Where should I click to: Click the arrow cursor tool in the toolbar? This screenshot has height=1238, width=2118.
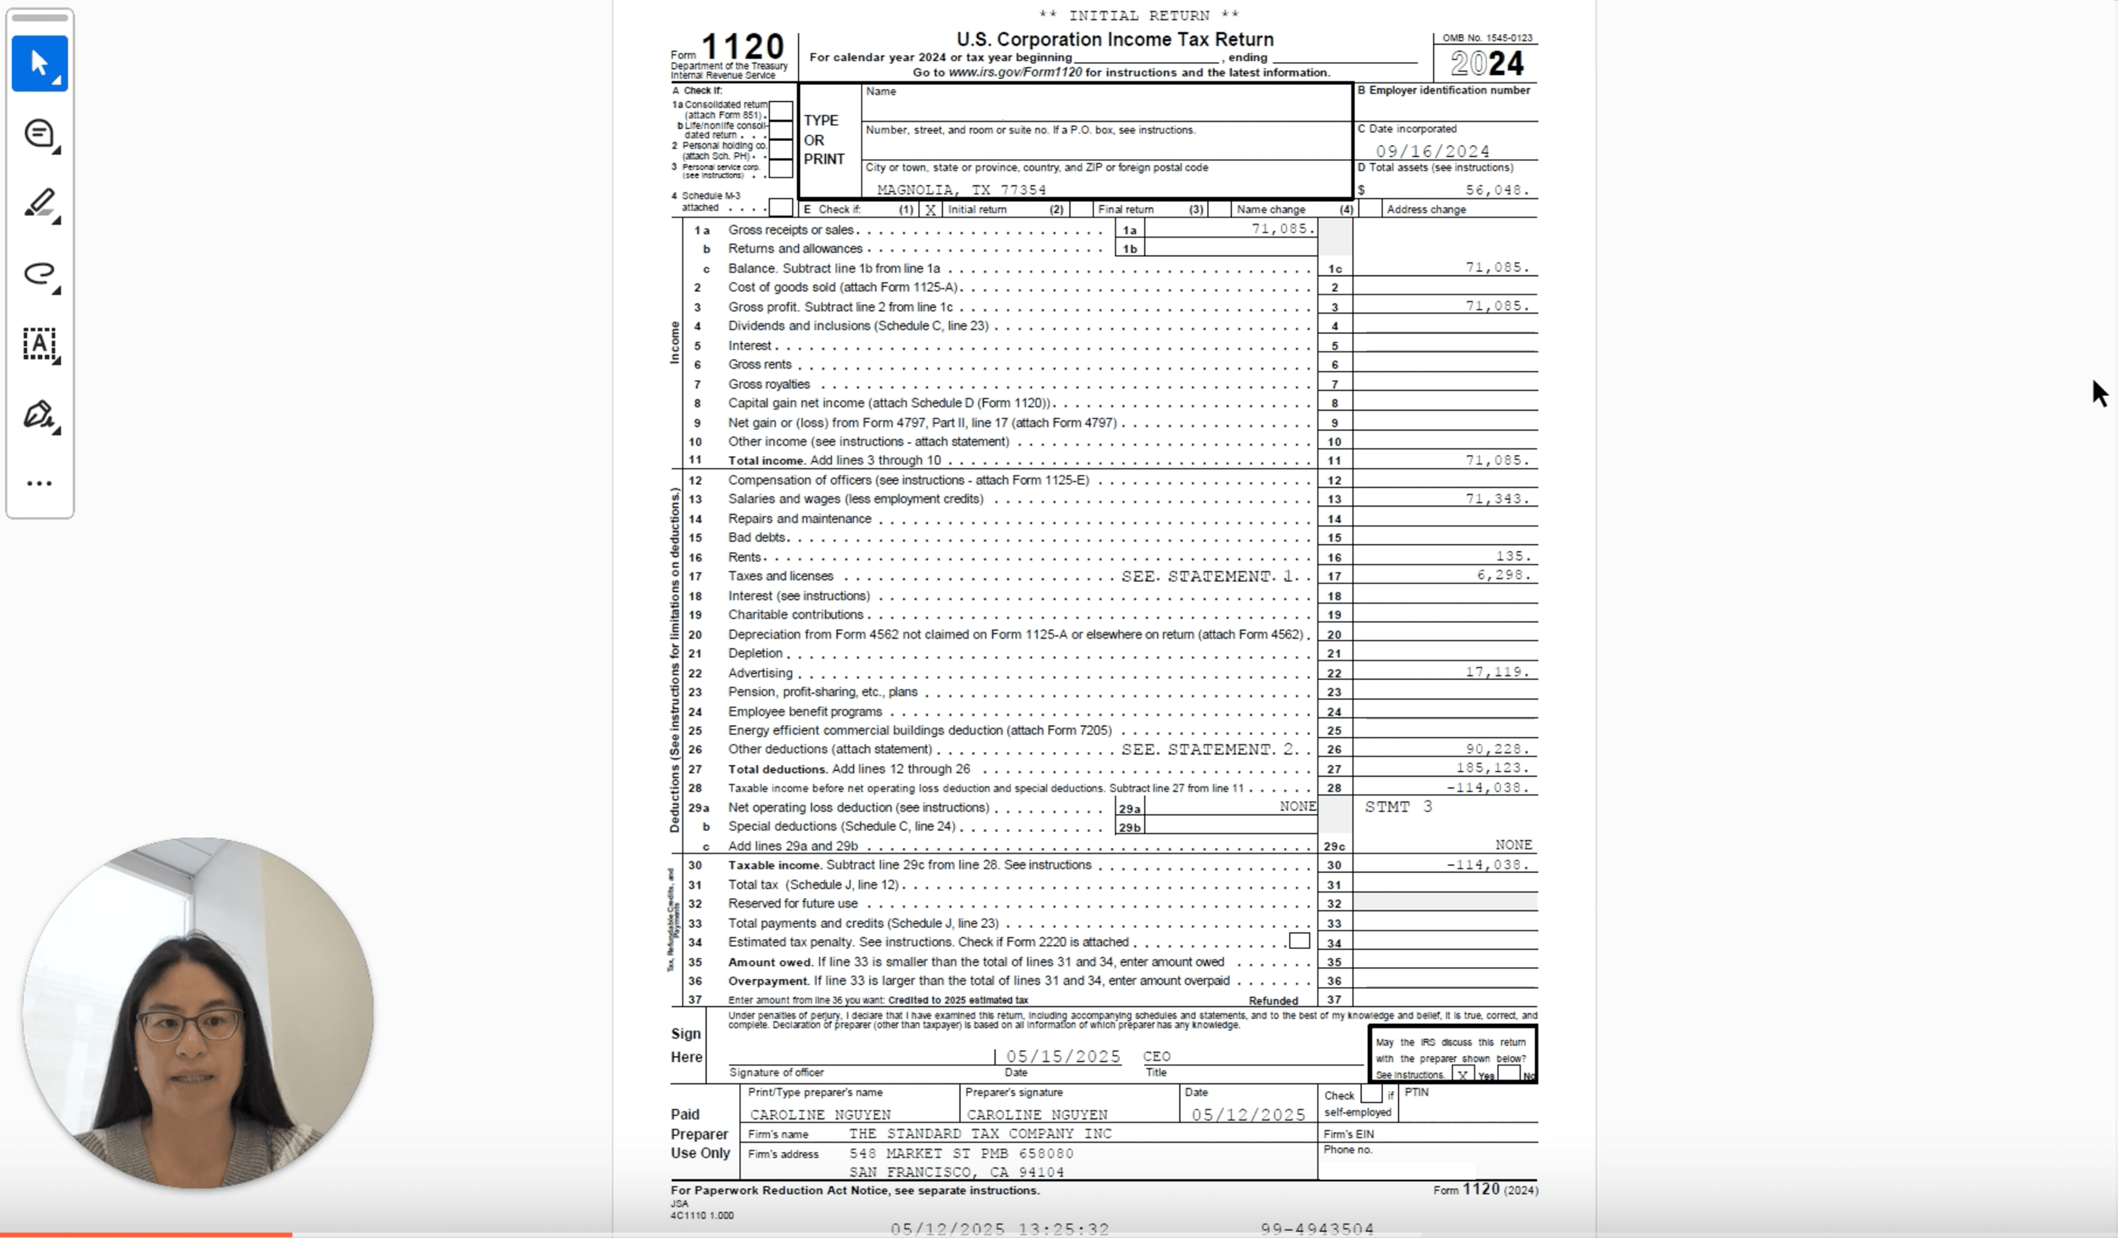tap(40, 63)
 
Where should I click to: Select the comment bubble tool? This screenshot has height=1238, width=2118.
tap(40, 134)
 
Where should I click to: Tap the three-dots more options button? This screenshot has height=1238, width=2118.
tap(40, 483)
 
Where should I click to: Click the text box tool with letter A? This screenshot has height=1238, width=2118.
tap(40, 344)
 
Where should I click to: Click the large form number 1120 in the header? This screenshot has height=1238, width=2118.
tap(742, 47)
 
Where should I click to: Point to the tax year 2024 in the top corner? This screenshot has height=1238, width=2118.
tap(1487, 64)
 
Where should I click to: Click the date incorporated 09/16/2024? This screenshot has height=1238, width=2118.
tap(1432, 151)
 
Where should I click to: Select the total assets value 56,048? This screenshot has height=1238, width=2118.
tap(1497, 190)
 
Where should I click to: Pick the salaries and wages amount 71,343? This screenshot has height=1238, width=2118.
tap(1497, 499)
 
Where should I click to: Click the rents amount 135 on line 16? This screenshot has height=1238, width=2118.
tap(1513, 556)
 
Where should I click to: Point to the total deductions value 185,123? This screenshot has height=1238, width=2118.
tap(1493, 768)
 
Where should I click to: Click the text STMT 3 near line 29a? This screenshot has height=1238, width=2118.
tap(1398, 807)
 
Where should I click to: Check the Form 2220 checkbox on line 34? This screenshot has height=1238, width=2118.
tap(1299, 941)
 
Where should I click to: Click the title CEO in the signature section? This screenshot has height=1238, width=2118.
tap(1156, 1056)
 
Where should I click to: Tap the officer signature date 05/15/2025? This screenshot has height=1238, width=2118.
tap(1063, 1056)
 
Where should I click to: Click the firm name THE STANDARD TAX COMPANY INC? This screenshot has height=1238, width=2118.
tap(980, 1134)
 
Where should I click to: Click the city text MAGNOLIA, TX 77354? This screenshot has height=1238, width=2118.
tap(960, 190)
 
